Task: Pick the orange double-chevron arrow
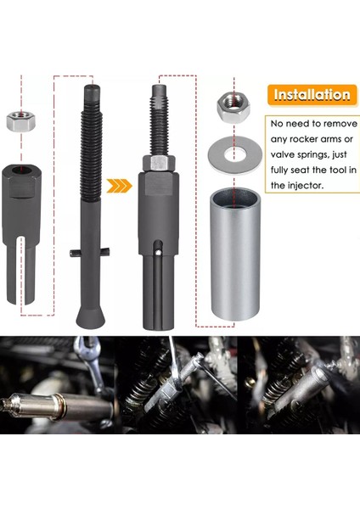click(123, 184)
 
